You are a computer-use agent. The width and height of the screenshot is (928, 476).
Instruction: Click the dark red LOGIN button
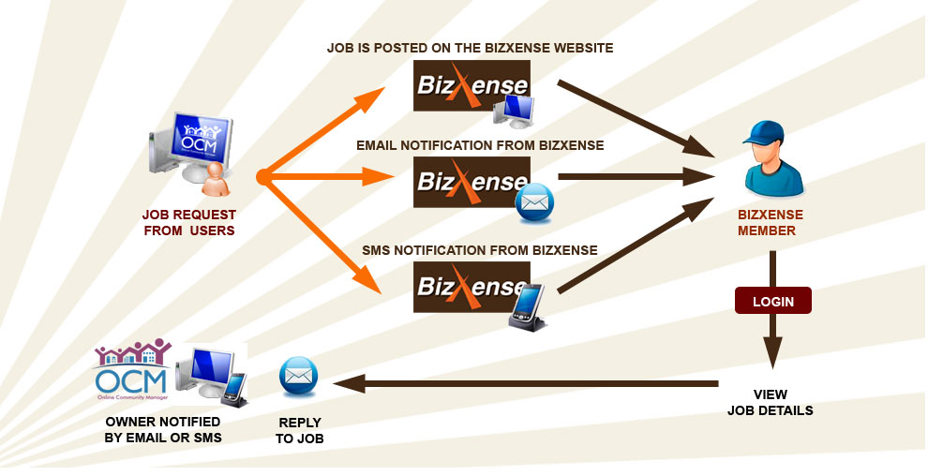coord(772,301)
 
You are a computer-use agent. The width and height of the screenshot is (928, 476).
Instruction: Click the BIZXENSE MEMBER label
coord(770,222)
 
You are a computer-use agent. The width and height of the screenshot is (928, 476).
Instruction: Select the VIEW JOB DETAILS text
coord(770,402)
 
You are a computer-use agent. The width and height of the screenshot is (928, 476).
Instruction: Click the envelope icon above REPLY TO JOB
coord(298,377)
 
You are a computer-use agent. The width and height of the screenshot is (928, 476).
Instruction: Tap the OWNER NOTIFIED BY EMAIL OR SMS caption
coord(164,429)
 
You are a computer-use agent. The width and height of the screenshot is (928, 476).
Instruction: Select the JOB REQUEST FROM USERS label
coord(188,222)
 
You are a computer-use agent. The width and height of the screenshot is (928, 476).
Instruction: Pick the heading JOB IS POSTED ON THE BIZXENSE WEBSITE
coord(470,47)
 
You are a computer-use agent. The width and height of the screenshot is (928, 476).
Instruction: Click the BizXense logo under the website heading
coord(471,85)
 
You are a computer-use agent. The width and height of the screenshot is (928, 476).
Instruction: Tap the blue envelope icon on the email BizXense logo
coord(534,203)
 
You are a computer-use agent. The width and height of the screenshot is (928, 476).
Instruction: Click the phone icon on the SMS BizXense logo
coord(527,305)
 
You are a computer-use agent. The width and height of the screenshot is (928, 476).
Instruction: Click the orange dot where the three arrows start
coord(262,175)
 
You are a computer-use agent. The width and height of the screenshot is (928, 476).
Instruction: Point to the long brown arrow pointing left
coord(525,382)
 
